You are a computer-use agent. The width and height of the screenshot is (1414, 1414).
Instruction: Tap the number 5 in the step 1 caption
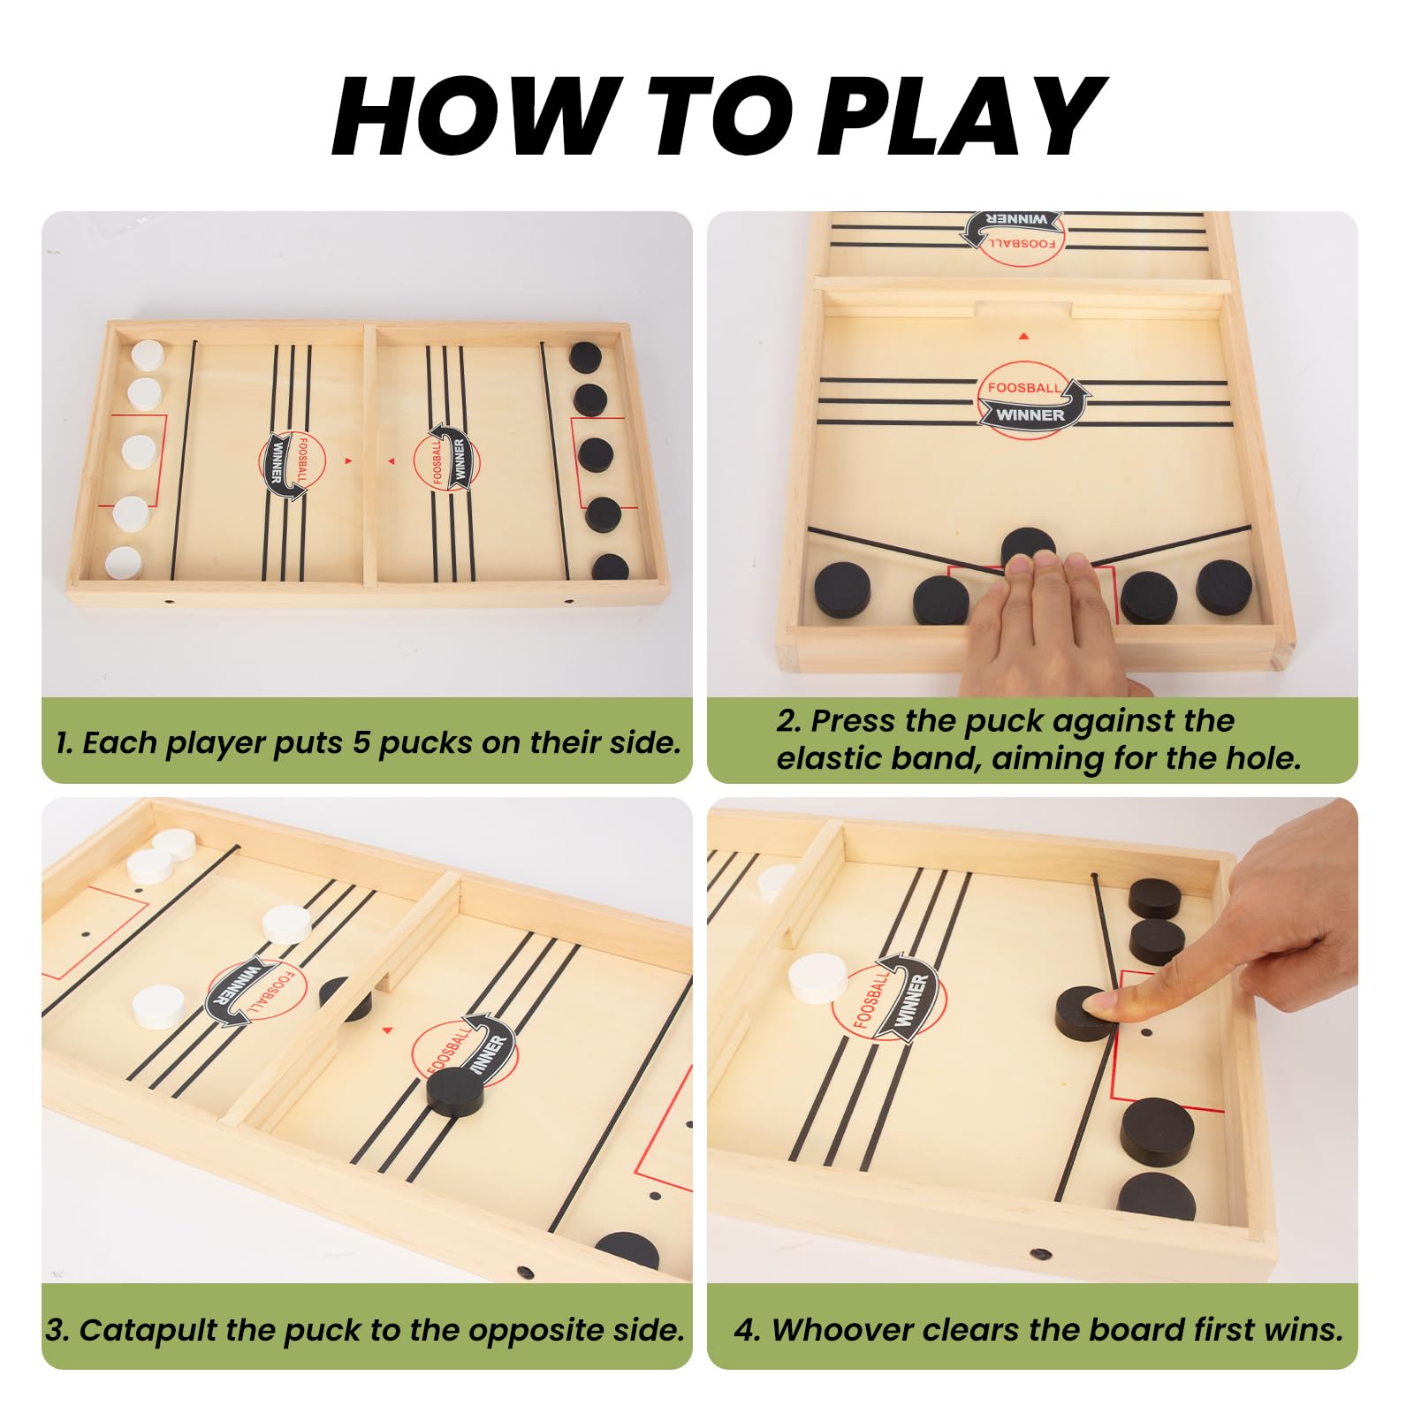coord(361,742)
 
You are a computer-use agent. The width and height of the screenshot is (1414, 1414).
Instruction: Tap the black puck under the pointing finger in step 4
coord(1083,1013)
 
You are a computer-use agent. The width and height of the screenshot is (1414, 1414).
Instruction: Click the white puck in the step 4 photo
coord(818,978)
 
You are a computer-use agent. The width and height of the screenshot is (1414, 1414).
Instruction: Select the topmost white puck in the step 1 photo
coord(148,356)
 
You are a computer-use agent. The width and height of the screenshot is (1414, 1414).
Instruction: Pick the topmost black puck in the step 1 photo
coord(585,358)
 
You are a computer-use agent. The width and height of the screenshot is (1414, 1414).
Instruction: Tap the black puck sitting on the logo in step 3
coord(455,1091)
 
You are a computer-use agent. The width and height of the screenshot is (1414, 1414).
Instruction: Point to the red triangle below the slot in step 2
coord(1023,336)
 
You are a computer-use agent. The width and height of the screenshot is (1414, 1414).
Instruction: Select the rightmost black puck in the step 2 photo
coord(1224,587)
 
